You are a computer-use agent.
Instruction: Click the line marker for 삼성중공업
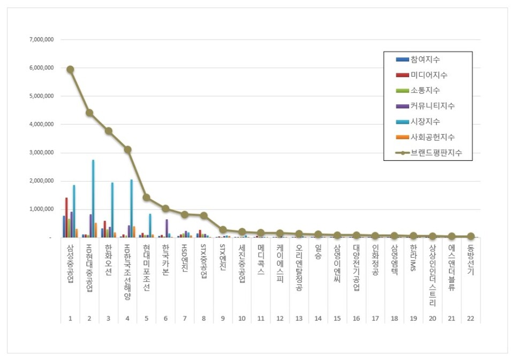click(x=70, y=69)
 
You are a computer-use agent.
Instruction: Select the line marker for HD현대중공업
click(x=89, y=112)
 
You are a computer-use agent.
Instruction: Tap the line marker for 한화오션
click(x=109, y=131)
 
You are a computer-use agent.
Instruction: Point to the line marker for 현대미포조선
click(x=147, y=197)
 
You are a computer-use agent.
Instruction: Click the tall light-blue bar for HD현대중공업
click(x=93, y=198)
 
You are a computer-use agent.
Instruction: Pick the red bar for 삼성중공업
click(x=66, y=217)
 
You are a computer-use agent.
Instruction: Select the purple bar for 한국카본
click(x=167, y=228)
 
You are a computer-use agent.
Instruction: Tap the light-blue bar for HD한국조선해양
click(x=132, y=208)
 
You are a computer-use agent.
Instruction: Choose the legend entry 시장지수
click(x=426, y=122)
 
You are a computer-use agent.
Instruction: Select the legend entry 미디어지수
click(x=428, y=75)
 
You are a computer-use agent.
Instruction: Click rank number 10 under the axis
click(x=242, y=318)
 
